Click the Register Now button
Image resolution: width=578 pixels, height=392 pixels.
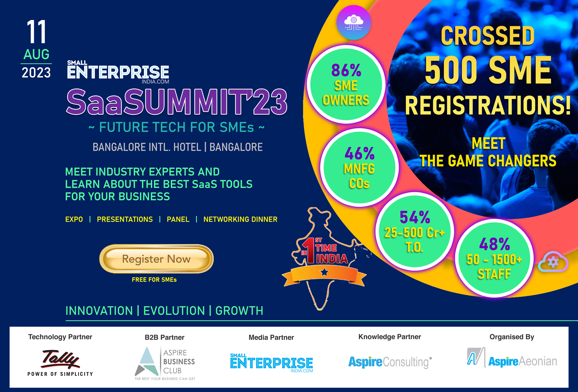156,259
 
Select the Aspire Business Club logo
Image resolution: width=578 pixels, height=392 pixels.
165,363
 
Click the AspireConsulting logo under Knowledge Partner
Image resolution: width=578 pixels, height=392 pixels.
390,362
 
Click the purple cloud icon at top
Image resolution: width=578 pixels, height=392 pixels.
354,22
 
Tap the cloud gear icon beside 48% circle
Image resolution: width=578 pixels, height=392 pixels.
553,262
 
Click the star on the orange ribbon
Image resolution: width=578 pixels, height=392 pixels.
325,272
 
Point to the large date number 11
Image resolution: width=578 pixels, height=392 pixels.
36,32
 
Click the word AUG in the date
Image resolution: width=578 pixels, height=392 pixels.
36,55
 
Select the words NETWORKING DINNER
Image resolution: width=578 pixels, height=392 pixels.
240,219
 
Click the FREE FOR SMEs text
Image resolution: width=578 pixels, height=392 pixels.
154,280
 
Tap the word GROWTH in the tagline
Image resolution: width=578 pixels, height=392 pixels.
239,311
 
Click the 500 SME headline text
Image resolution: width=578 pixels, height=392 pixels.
488,70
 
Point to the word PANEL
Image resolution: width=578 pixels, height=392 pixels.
178,219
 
